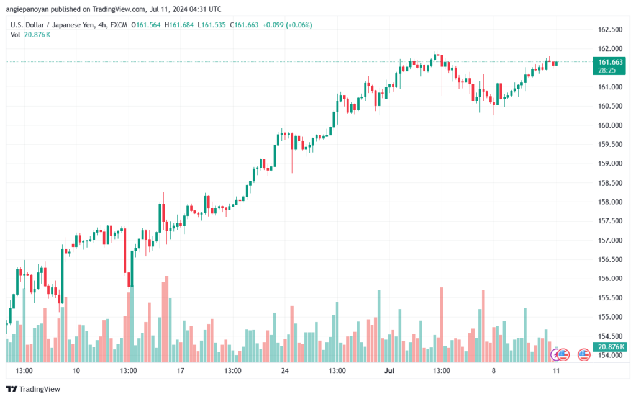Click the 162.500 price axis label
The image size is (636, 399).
pyautogui.click(x=610, y=30)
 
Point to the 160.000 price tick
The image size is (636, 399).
pyautogui.click(x=610, y=125)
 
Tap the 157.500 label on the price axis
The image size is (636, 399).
pyautogui.click(x=610, y=221)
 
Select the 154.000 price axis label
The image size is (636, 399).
pyautogui.click(x=610, y=356)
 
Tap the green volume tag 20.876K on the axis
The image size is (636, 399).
pyautogui.click(x=610, y=347)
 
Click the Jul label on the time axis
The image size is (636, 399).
pyautogui.click(x=389, y=370)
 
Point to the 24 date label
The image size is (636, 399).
pyautogui.click(x=284, y=370)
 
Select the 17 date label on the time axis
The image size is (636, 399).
pyautogui.click(x=181, y=370)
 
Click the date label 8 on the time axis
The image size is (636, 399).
pyautogui.click(x=493, y=370)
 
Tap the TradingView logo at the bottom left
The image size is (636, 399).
pyautogui.click(x=34, y=389)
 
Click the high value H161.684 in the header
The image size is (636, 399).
pyautogui.click(x=179, y=25)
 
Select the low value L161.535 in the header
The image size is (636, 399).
pyautogui.click(x=211, y=25)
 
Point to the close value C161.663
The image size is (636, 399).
pyautogui.click(x=244, y=25)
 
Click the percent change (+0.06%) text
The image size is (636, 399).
pyautogui.click(x=299, y=25)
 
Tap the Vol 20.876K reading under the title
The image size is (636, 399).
pyautogui.click(x=30, y=35)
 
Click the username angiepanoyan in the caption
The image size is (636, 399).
pyautogui.click(x=27, y=9)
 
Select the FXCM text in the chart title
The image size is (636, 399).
pyautogui.click(x=119, y=25)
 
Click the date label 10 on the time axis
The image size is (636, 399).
pyautogui.click(x=76, y=370)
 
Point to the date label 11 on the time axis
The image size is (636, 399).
pyautogui.click(x=556, y=370)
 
